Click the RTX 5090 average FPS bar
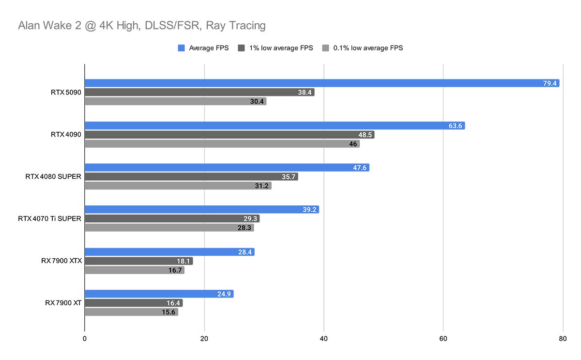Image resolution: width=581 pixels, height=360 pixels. point(322,83)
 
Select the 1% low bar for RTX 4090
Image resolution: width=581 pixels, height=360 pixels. point(229,135)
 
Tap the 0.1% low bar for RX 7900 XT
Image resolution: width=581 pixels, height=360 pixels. point(131,312)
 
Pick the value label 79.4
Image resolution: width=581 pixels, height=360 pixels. point(550,83)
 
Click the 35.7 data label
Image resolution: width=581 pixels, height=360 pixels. point(289,177)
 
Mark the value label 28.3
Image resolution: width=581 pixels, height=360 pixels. point(245,228)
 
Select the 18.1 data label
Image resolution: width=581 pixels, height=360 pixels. point(184,261)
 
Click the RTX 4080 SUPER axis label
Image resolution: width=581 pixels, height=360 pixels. point(53,177)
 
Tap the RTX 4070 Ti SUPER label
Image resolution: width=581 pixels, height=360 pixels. point(49,219)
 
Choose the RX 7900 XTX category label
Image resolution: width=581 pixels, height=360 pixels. point(61,261)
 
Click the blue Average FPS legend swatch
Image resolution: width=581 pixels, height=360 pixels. point(182,48)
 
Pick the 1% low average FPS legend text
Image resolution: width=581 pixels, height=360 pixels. point(281,48)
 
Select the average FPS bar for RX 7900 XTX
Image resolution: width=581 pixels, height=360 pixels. point(169,252)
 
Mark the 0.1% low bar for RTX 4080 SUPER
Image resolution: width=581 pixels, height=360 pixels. point(178,186)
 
